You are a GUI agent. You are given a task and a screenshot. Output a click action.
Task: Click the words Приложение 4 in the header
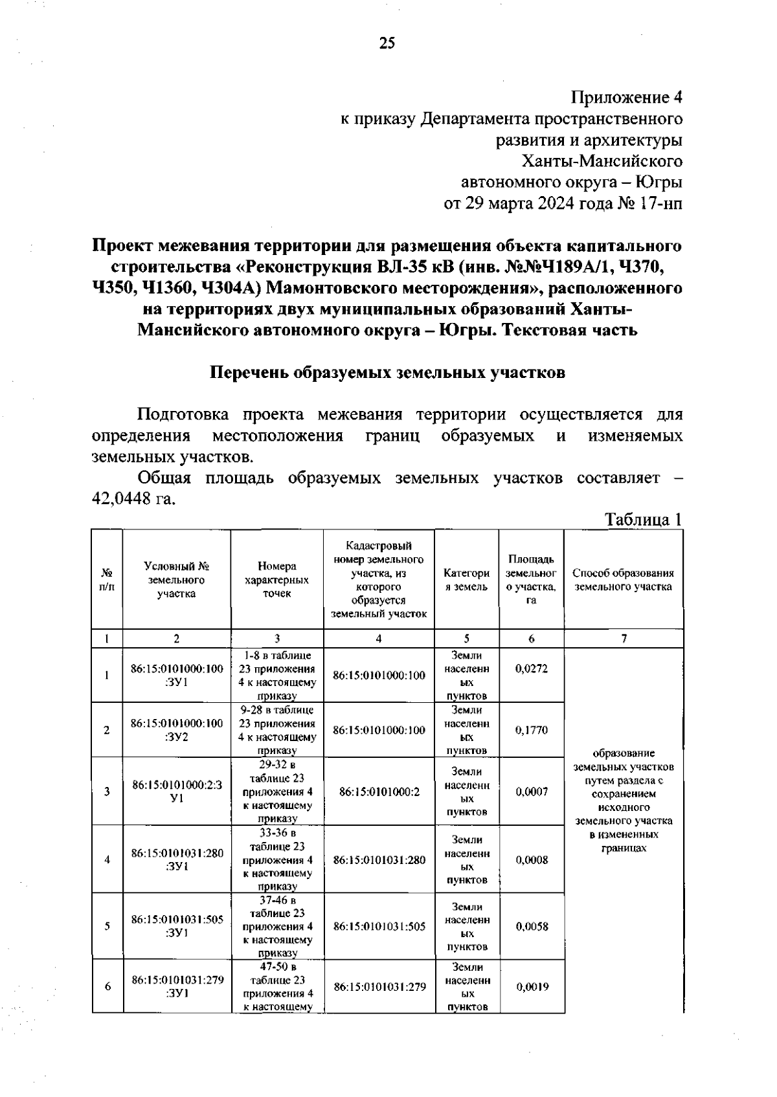626,98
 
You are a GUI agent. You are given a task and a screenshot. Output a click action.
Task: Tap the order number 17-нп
660,203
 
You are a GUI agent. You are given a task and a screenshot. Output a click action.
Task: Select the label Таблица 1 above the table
643,519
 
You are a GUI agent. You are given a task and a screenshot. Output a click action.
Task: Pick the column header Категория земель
466,580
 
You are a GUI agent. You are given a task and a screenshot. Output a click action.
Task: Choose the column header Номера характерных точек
276,580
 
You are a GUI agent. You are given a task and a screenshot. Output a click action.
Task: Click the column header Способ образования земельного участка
623,580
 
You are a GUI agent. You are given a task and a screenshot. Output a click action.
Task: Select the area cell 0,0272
531,669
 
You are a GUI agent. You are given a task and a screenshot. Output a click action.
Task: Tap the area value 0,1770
531,730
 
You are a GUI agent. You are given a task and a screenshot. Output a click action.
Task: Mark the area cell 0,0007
531,792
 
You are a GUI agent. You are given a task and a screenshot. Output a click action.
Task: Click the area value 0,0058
532,926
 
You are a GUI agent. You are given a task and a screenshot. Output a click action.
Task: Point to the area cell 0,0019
532,987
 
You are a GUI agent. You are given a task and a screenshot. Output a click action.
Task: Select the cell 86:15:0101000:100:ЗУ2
177,730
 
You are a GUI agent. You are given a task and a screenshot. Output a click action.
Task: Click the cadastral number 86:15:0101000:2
379,792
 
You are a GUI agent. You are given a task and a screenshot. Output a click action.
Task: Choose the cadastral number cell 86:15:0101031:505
379,926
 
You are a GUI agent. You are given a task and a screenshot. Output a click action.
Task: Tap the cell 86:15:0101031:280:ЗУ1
177,859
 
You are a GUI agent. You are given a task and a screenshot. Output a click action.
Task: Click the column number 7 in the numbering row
624,639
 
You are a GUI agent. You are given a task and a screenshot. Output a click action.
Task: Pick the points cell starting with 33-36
277,859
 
